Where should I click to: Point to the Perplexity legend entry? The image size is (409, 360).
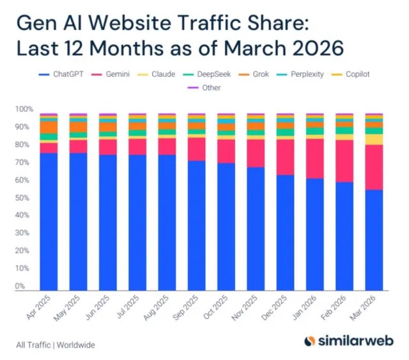305,74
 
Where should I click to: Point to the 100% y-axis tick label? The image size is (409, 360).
22,109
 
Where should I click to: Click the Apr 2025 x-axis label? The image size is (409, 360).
40,306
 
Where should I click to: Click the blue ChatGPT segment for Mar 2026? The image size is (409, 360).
374,240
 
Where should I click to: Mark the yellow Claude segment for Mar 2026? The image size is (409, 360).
374,139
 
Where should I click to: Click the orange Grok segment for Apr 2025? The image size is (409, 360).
49,127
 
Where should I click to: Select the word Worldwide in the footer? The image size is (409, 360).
76,345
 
